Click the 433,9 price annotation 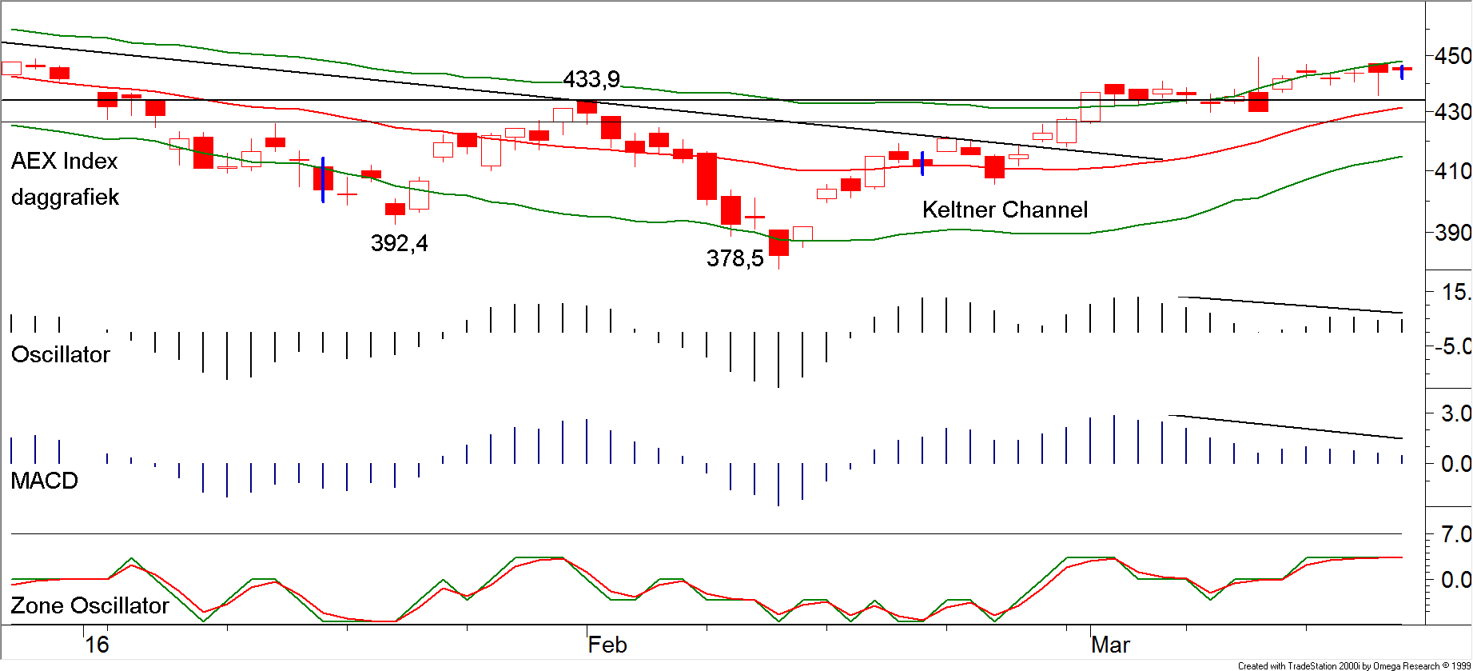click(x=591, y=79)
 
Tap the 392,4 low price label click(x=399, y=243)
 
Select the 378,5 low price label click(x=735, y=258)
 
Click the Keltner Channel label click(x=1005, y=210)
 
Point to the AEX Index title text click(x=64, y=161)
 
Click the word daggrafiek click(x=65, y=197)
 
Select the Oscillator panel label click(x=61, y=354)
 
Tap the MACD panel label click(x=45, y=481)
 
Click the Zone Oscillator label click(x=90, y=605)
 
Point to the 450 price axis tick click(x=1452, y=57)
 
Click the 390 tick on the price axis click(x=1452, y=233)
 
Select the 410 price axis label click(x=1452, y=171)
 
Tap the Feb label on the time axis click(x=607, y=645)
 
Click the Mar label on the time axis click(x=1110, y=645)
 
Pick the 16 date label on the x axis click(x=97, y=645)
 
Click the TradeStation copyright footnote click(x=1354, y=665)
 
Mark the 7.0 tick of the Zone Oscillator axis click(x=1455, y=534)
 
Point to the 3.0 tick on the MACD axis click(x=1455, y=413)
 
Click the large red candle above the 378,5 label click(x=778, y=242)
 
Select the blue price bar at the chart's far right click(x=1402, y=72)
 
